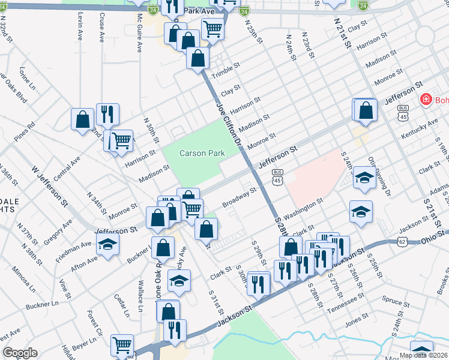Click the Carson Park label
point(202,154)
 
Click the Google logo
point(20,353)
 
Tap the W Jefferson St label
point(42,189)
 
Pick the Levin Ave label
point(79,28)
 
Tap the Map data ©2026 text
point(423,355)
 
